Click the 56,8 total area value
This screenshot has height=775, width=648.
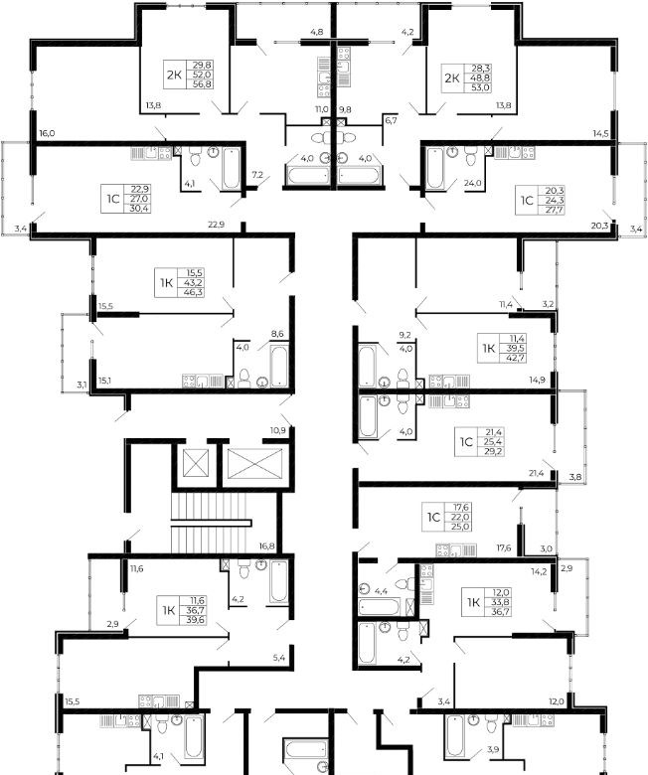pos(202,84)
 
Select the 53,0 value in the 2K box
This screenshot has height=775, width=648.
pos(480,88)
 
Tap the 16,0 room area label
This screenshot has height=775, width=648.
pos(47,133)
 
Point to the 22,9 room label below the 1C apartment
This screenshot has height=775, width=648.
pos(216,225)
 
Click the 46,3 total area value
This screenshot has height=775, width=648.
pos(194,292)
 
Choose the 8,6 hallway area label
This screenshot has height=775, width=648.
pos(277,334)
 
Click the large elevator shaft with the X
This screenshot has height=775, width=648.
pos(255,463)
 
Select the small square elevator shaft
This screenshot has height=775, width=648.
pos(192,463)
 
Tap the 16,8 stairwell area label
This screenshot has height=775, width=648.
pos(267,546)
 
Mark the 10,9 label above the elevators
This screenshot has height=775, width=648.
pos(277,430)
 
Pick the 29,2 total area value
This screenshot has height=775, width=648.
pos(494,452)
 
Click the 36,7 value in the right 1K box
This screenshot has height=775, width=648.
pos(501,612)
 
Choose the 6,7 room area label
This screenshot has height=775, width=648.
pos(391,119)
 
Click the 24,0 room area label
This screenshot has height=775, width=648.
pos(473,183)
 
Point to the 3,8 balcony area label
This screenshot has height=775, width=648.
pos(574,477)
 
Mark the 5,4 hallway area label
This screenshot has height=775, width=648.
pos(278,658)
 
